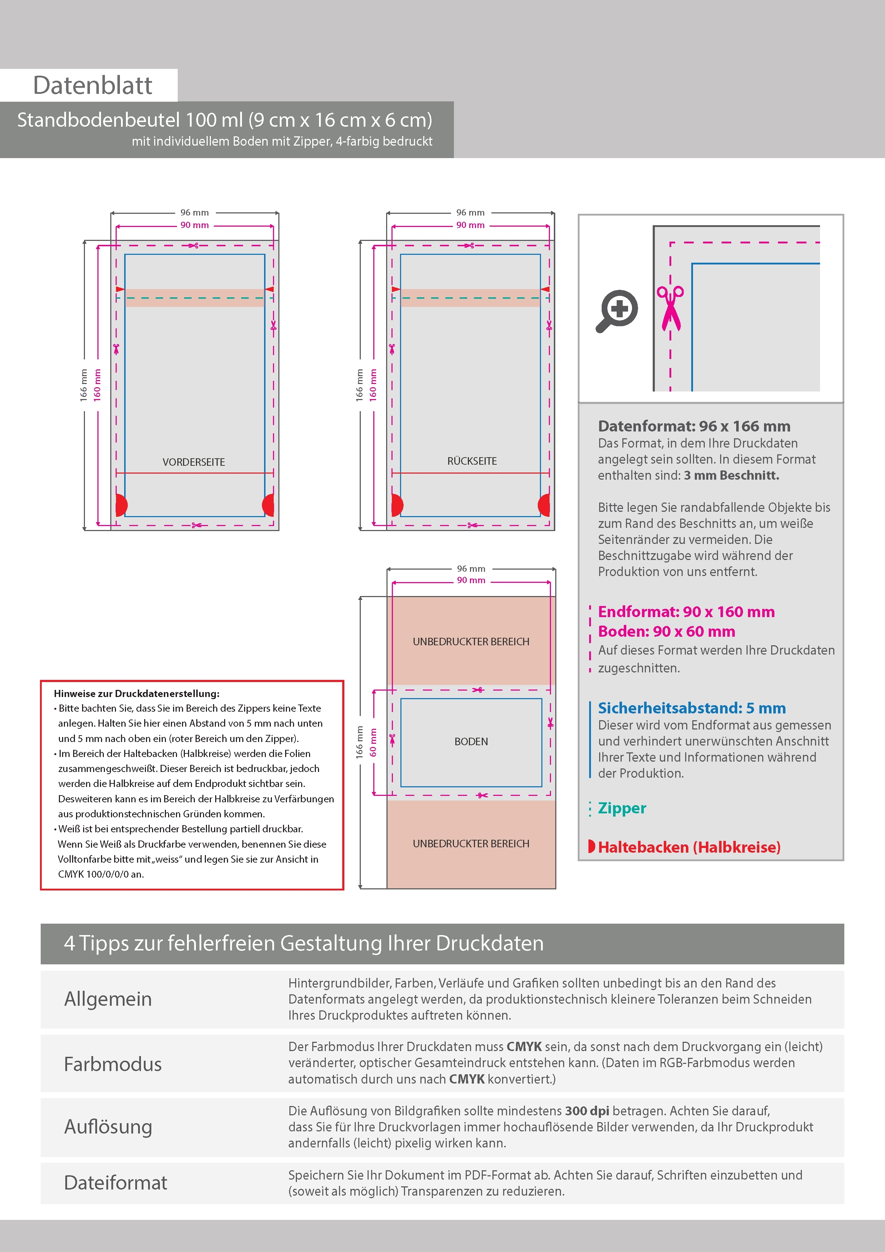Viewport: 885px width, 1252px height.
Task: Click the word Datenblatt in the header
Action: pos(93,86)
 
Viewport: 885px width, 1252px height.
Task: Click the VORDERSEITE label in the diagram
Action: pos(193,462)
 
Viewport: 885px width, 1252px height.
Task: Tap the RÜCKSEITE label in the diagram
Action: pos(472,461)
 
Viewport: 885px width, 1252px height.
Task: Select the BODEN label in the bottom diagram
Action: pos(471,742)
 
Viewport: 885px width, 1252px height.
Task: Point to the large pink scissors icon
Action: pos(670,308)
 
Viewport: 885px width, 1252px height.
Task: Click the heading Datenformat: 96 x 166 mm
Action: pos(694,426)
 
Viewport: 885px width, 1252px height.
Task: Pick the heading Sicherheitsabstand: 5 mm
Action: pos(692,708)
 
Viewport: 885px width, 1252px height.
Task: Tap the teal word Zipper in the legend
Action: pos(622,808)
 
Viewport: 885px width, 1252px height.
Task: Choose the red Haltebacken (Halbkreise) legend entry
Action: pos(689,847)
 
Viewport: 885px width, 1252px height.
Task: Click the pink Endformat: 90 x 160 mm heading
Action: pos(686,612)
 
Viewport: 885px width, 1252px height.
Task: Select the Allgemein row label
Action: pos(108,999)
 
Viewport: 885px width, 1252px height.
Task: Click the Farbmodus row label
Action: pos(113,1064)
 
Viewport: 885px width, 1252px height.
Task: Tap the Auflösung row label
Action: pos(108,1127)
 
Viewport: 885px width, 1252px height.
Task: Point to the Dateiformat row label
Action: pos(116,1183)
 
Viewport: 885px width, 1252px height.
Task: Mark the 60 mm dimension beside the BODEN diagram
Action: pos(373,742)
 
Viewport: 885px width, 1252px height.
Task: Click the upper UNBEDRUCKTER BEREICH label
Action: pos(471,642)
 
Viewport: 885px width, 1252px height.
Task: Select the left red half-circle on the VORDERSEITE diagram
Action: pos(121,505)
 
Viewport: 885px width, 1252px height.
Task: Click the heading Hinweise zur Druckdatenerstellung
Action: pos(136,693)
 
